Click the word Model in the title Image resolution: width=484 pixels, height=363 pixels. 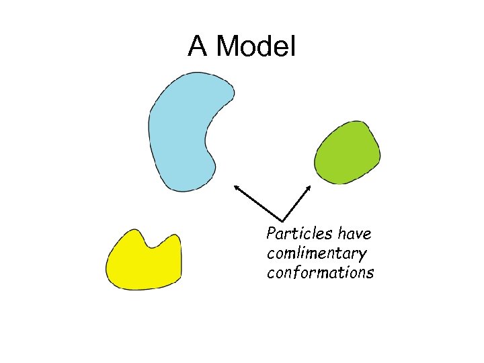click(x=257, y=46)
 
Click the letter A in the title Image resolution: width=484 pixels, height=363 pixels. click(x=198, y=46)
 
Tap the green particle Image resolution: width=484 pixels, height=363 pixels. click(x=347, y=153)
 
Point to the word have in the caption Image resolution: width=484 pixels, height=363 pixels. click(x=354, y=234)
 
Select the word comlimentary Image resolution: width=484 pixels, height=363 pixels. click(x=317, y=253)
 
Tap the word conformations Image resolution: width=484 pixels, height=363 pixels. click(x=320, y=273)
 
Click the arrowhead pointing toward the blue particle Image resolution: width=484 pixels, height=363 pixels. click(x=236, y=188)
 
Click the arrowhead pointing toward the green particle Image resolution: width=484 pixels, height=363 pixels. click(x=308, y=188)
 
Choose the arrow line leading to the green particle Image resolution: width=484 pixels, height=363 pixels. click(x=296, y=204)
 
